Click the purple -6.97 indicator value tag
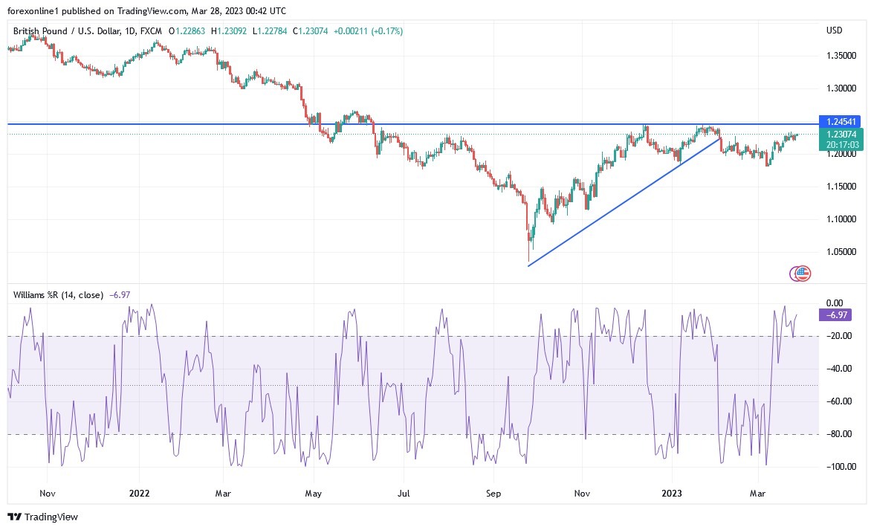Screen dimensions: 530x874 coord(835,315)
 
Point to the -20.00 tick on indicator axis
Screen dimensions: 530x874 coord(840,336)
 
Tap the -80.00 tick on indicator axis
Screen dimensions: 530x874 coord(840,434)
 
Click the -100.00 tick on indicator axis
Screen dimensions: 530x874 coord(840,467)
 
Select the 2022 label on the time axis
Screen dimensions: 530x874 coord(139,493)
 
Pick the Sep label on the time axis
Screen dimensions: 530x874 coord(493,493)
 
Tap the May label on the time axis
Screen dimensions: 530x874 coord(313,493)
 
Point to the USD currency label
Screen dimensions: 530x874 coord(834,30)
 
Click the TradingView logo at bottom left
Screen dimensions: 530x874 coord(42,517)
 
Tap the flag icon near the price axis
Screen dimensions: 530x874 coord(800,274)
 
